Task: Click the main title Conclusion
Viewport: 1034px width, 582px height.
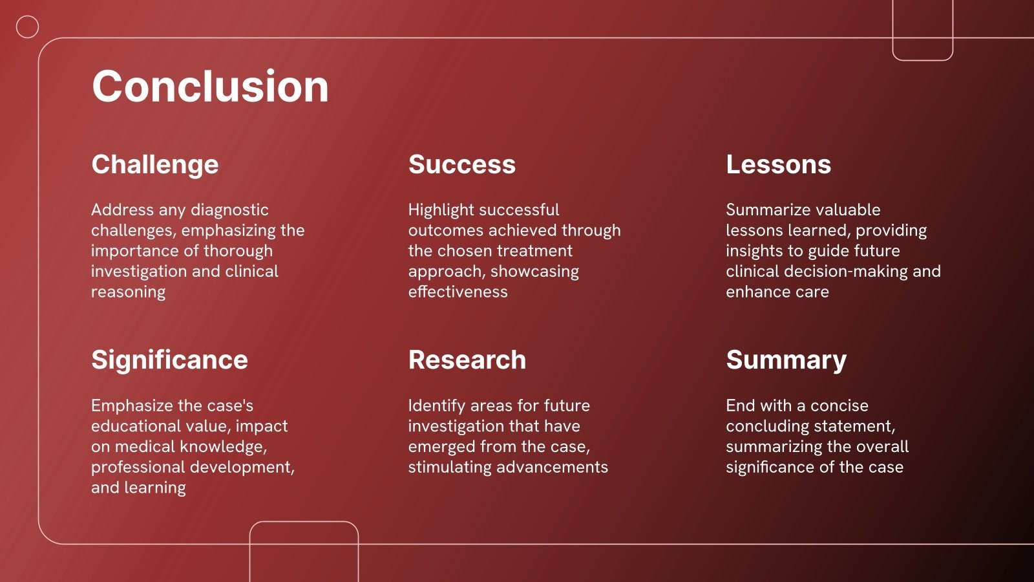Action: (x=211, y=87)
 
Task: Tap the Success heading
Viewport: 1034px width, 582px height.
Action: (x=461, y=164)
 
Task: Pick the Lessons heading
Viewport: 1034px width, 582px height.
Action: (x=778, y=164)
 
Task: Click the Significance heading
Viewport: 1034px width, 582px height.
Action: (x=169, y=361)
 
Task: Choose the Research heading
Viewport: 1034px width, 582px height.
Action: (x=467, y=360)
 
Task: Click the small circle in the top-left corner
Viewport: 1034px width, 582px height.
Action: (x=27, y=16)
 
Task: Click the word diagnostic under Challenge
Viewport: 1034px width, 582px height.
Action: (x=229, y=211)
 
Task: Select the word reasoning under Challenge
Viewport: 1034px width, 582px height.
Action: (x=129, y=293)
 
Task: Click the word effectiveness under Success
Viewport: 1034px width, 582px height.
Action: (x=458, y=292)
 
